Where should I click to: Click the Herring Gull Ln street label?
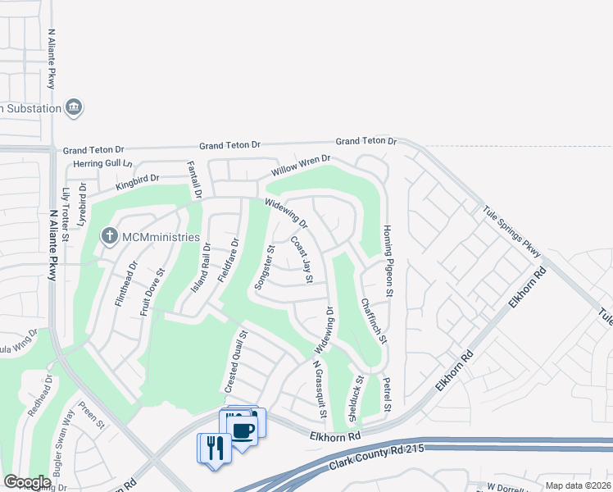102,163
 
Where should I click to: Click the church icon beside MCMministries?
109,237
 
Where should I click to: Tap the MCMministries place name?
161,237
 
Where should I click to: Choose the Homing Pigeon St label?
389,262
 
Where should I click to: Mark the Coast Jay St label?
302,261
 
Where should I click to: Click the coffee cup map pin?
243,430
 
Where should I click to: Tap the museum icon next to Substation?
75,108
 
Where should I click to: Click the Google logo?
28,482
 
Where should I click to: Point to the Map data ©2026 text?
578,485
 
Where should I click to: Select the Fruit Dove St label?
152,291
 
